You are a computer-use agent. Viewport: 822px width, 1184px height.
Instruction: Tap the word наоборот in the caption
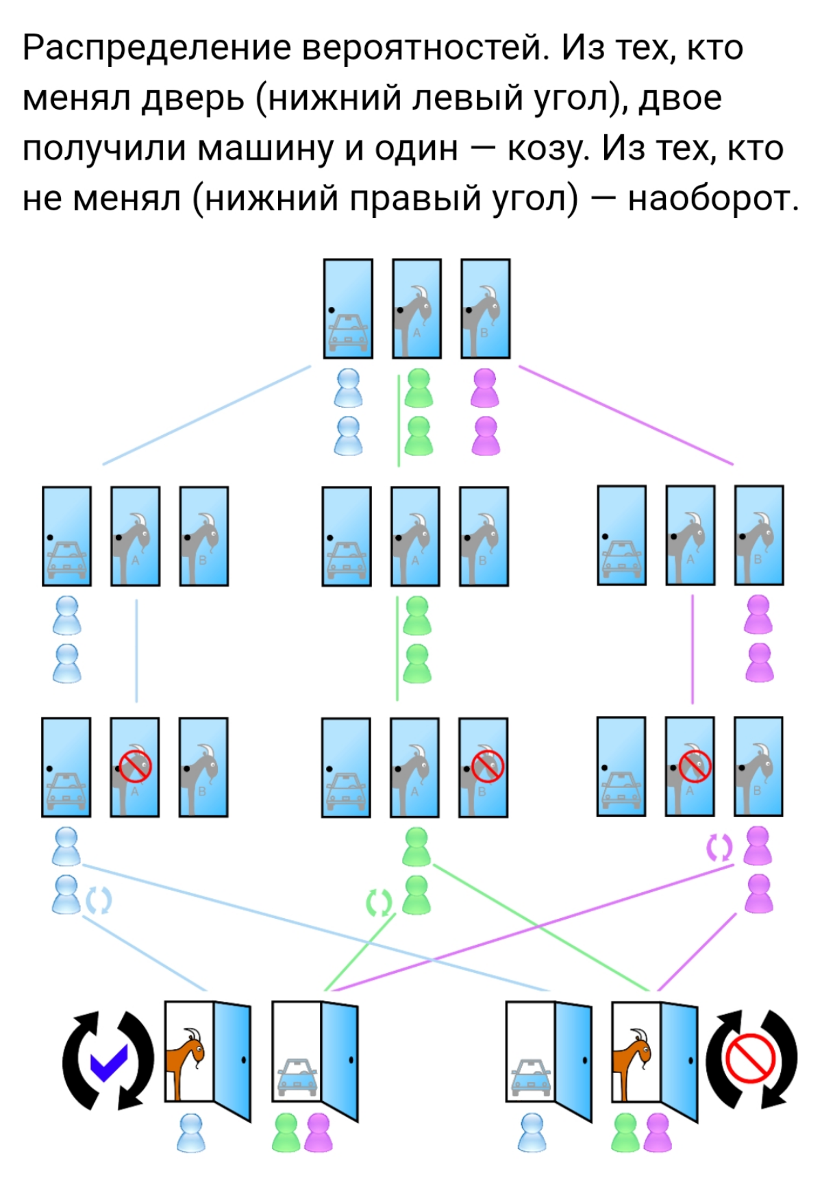coord(712,199)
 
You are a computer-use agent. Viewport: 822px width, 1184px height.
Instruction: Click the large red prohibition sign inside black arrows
coord(750,1059)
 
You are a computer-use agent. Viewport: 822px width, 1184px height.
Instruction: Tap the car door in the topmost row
coord(348,309)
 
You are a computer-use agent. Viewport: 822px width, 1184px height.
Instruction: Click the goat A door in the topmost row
coord(416,309)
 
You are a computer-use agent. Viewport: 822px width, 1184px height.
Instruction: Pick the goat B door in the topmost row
coord(485,309)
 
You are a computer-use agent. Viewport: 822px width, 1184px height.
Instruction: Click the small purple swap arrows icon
coord(719,848)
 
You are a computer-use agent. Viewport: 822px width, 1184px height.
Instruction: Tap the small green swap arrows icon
coord(379,903)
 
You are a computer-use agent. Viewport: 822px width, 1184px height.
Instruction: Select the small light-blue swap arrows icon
coord(98,900)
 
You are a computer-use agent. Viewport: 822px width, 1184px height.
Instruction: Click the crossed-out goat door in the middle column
coord(483,767)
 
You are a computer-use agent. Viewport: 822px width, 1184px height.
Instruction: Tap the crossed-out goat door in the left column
coord(135,767)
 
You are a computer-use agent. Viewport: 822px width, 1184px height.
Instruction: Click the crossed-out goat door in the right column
coord(690,767)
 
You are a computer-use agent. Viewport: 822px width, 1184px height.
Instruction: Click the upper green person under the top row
coord(418,388)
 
